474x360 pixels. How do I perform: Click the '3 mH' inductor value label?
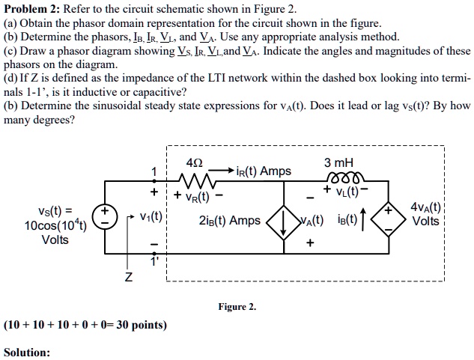tap(338, 163)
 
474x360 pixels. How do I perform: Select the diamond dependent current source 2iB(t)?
tap(281, 220)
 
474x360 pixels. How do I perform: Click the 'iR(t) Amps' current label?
tap(264, 171)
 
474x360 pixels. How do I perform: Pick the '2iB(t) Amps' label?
tap(230, 221)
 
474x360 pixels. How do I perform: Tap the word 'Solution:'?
tap(27, 352)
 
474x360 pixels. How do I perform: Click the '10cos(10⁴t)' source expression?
tap(55, 227)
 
